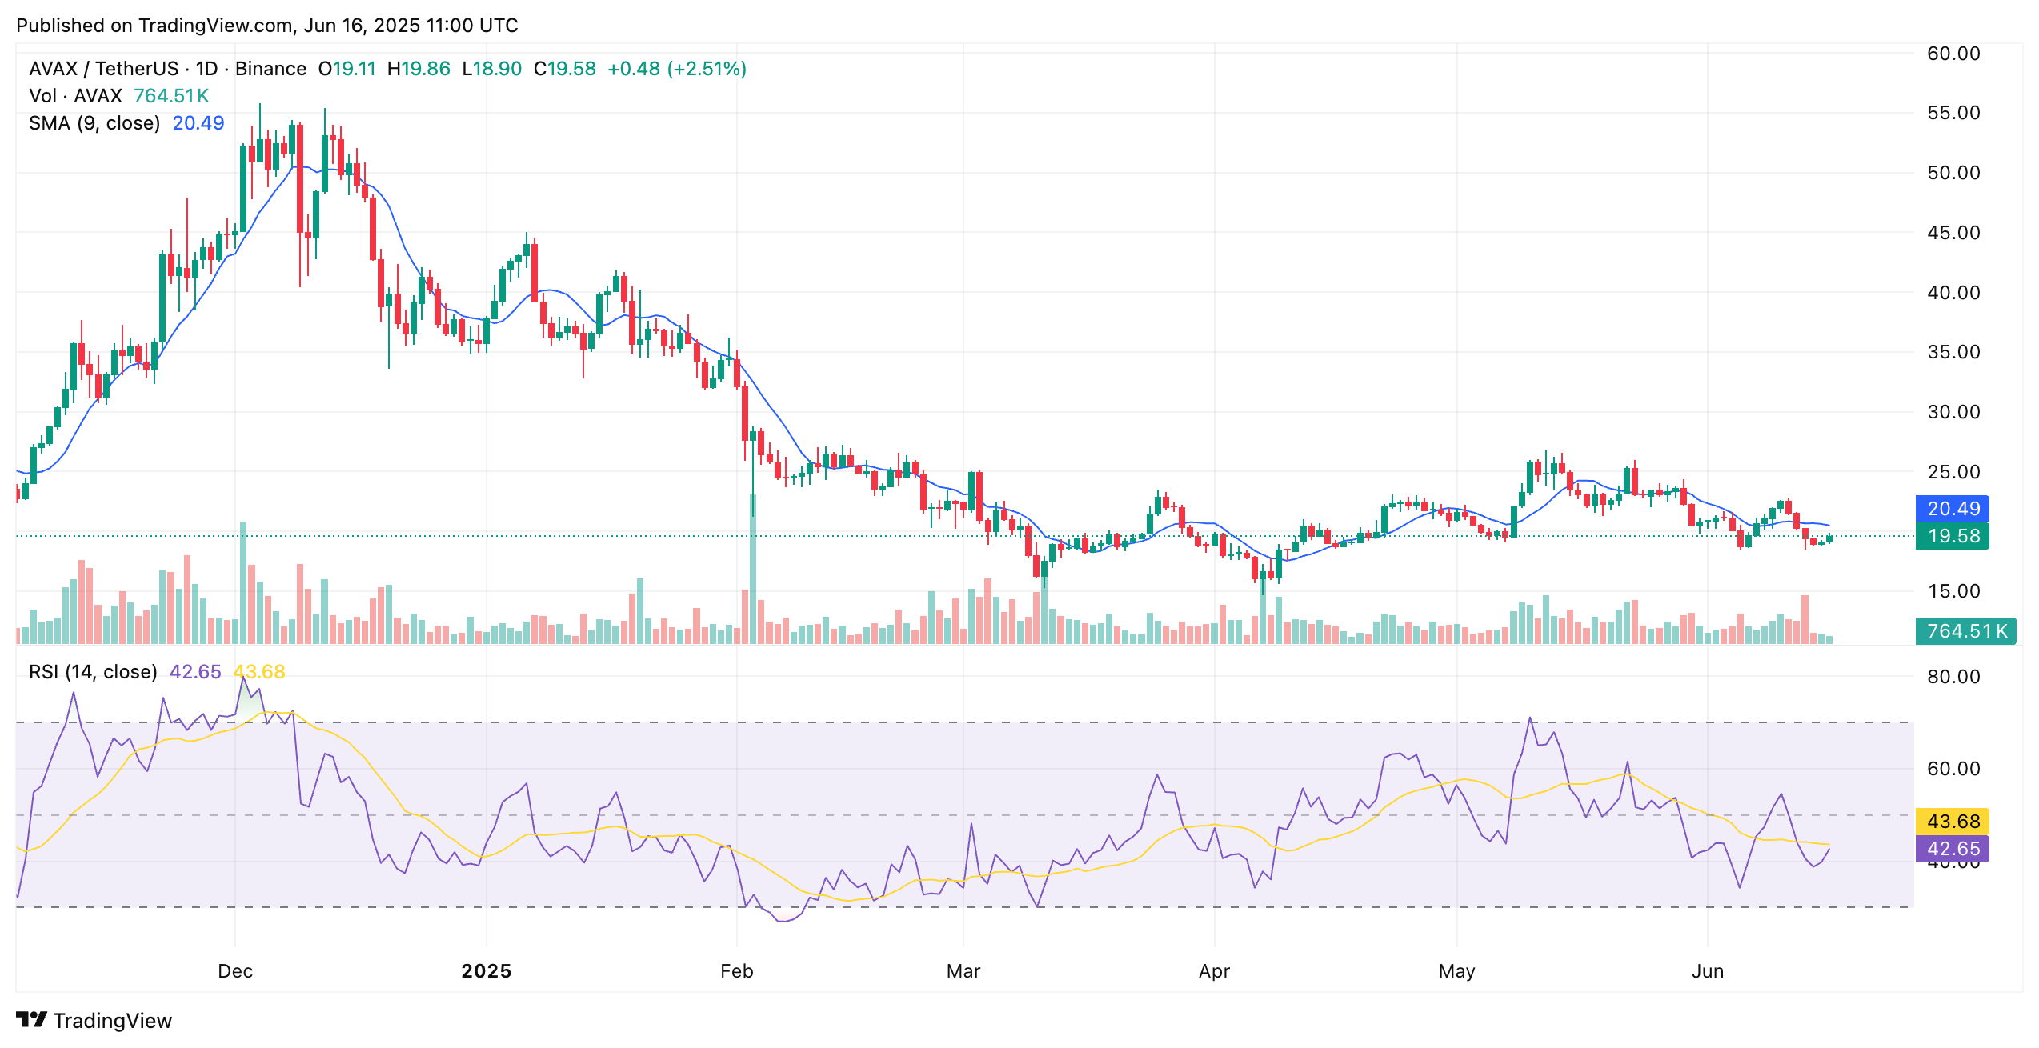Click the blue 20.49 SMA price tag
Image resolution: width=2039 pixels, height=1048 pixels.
(x=1952, y=509)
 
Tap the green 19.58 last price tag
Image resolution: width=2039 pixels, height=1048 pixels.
(x=1952, y=536)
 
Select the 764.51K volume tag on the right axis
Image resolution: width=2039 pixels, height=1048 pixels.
(x=1966, y=631)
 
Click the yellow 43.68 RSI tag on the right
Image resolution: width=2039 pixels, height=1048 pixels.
(x=1952, y=822)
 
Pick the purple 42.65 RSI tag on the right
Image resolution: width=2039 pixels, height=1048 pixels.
(x=1952, y=849)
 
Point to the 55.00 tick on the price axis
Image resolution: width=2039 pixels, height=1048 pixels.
(x=1953, y=113)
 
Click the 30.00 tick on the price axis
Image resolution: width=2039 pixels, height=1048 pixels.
(x=1953, y=412)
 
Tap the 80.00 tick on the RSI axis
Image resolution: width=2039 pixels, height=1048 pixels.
(x=1953, y=677)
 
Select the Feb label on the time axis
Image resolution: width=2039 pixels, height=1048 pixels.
(x=736, y=971)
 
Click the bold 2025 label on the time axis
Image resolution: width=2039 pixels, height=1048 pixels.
(x=487, y=971)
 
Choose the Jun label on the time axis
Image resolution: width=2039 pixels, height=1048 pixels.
(x=1707, y=971)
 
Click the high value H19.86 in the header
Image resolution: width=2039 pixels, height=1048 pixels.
(x=419, y=69)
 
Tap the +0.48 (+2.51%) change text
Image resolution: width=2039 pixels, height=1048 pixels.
(x=677, y=69)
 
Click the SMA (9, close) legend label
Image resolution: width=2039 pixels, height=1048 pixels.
(x=94, y=123)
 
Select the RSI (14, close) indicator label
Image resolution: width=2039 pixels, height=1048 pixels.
(x=93, y=672)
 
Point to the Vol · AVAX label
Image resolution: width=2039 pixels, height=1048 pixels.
(x=75, y=96)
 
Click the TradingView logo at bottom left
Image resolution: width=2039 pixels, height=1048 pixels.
(x=94, y=1021)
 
